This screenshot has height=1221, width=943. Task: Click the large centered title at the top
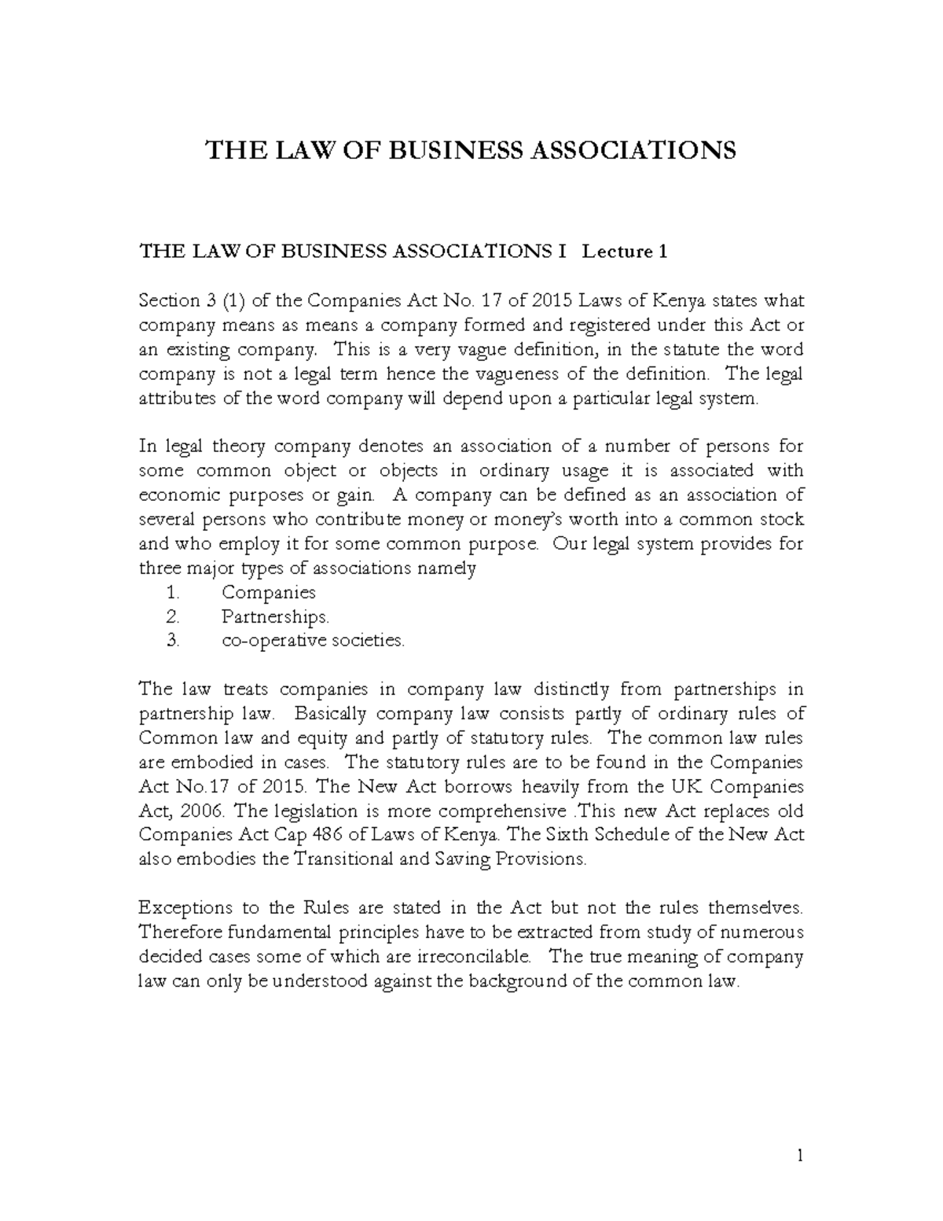pyautogui.click(x=470, y=149)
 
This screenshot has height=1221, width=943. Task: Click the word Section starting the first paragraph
pyautogui.click(x=169, y=301)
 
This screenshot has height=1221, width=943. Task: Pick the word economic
pyautogui.click(x=179, y=496)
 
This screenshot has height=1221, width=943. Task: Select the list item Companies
pyautogui.click(x=268, y=593)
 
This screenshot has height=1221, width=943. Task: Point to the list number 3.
pyautogui.click(x=173, y=642)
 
